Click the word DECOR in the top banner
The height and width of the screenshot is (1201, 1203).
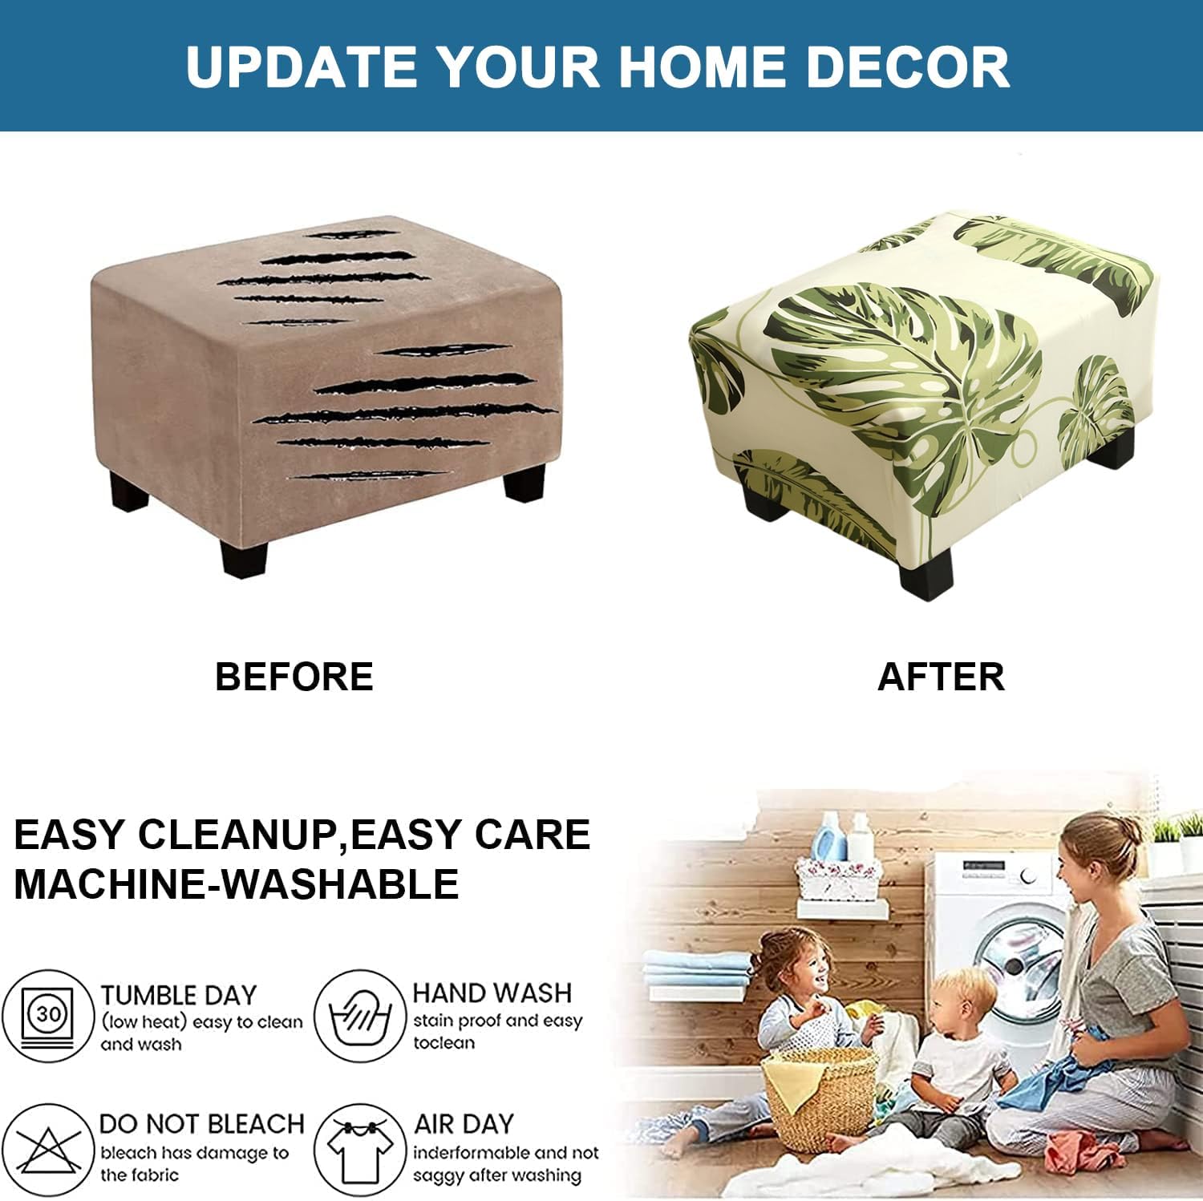click(907, 67)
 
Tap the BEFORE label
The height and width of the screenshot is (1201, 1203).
click(294, 677)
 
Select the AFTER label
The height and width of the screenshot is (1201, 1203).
click(941, 677)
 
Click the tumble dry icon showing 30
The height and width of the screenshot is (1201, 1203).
click(48, 1016)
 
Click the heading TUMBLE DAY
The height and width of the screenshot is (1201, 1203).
click(178, 995)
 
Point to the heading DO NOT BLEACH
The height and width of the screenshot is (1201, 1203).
click(202, 1124)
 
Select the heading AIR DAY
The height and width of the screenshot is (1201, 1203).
click(464, 1124)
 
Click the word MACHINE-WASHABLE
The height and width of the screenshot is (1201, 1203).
click(237, 884)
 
